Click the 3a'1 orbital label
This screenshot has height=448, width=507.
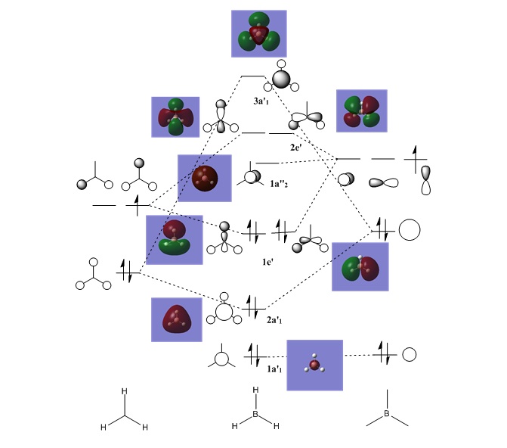264,100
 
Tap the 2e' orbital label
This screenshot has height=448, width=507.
295,148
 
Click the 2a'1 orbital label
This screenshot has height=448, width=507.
275,320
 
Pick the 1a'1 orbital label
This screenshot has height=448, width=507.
274,369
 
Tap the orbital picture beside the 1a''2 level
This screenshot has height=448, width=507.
204,178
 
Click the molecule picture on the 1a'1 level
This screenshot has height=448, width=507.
314,365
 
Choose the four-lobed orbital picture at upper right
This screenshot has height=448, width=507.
361,111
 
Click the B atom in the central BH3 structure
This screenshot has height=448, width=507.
255,415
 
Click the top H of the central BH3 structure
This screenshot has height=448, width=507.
255,391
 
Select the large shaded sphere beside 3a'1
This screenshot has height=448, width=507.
281,79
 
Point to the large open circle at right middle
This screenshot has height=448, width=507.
409,229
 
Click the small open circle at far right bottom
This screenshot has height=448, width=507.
410,354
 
